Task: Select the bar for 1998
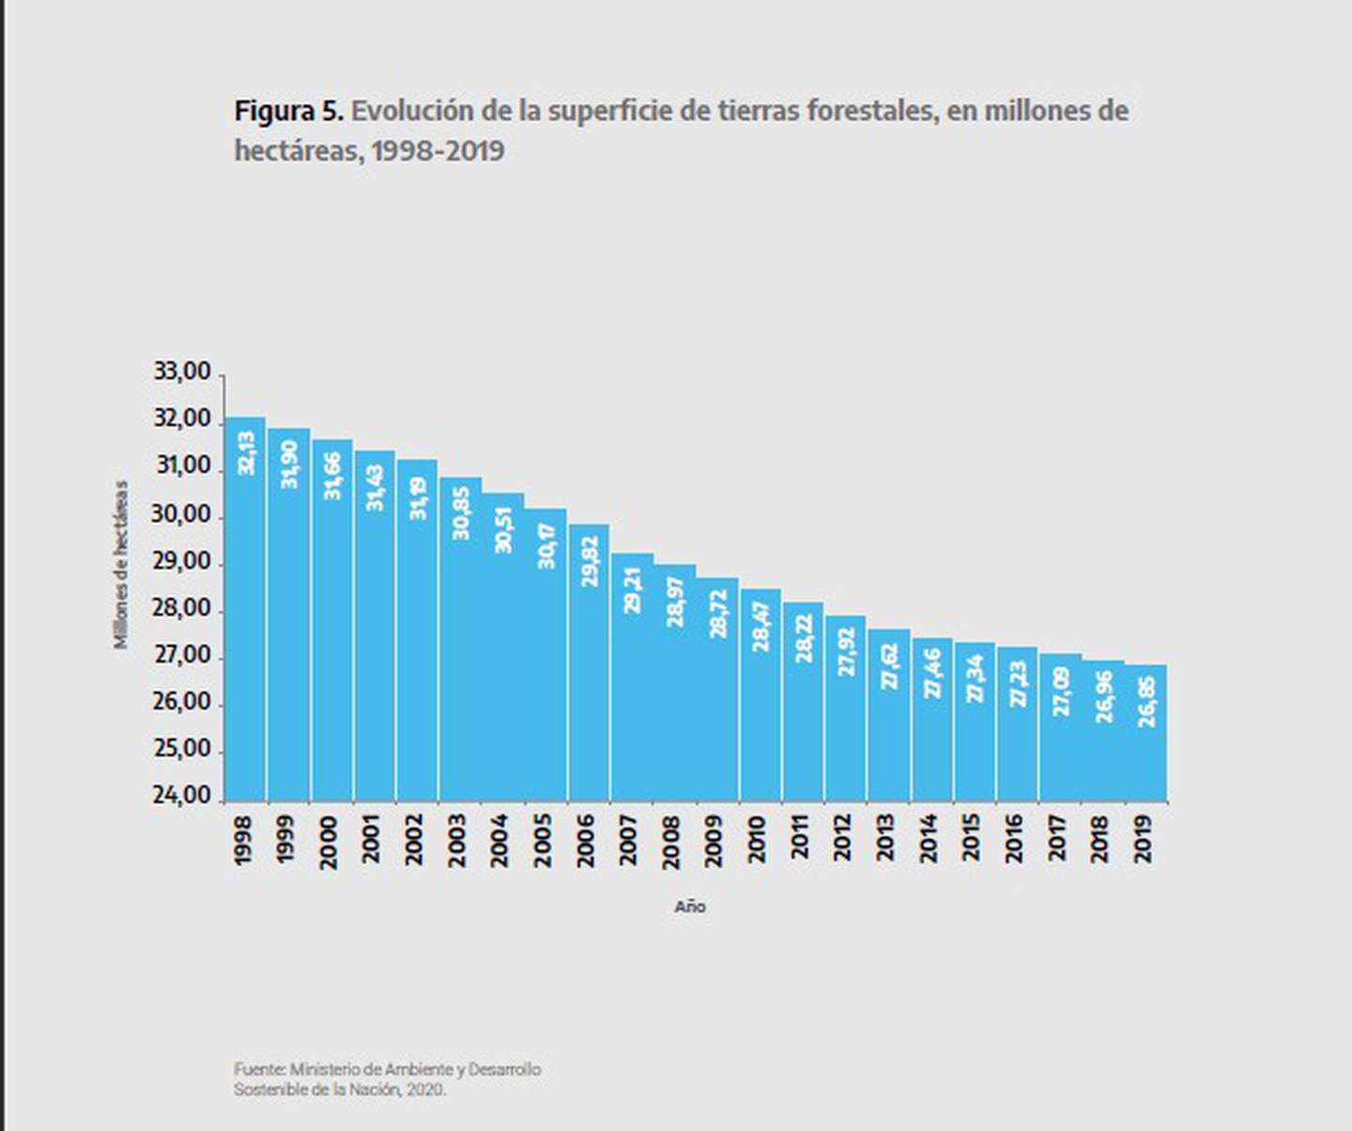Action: (245, 610)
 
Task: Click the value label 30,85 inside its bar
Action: (460, 512)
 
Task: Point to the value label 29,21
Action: (632, 589)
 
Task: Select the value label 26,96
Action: (1104, 695)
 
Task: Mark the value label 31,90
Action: (289, 464)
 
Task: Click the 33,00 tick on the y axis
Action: (182, 373)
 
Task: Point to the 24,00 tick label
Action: (182, 796)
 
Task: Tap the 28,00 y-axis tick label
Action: (182, 608)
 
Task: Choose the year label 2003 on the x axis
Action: (457, 840)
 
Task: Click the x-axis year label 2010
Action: (757, 840)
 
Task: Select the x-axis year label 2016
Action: (1014, 840)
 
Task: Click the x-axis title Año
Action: (690, 907)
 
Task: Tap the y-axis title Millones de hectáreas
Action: (121, 564)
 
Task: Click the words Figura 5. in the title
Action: (288, 111)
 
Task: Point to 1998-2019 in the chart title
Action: (438, 150)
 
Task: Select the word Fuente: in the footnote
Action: (259, 1069)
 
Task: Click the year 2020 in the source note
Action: (425, 1090)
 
